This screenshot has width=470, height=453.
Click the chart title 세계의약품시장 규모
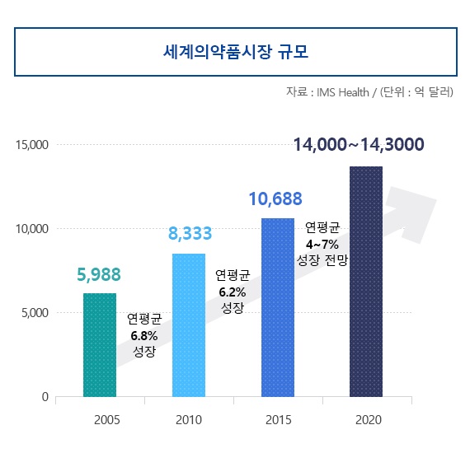(x=235, y=52)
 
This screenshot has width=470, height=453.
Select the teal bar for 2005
(x=100, y=345)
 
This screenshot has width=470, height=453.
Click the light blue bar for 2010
(x=189, y=325)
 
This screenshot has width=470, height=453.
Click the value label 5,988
(x=99, y=274)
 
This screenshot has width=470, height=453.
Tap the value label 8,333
(x=190, y=234)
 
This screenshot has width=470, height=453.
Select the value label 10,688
(x=275, y=198)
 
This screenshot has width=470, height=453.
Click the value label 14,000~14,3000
(x=359, y=146)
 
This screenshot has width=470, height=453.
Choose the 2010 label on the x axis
(x=189, y=420)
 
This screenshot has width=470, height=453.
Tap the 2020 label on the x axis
(x=367, y=420)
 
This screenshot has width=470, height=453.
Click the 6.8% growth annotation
(x=143, y=334)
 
